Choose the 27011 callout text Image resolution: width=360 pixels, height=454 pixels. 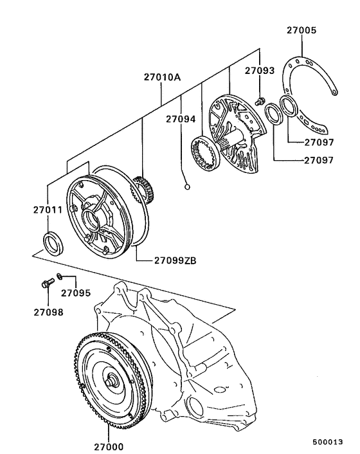(x=49, y=210)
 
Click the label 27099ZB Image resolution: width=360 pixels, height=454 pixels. (x=175, y=260)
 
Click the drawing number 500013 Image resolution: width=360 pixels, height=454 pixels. (x=328, y=442)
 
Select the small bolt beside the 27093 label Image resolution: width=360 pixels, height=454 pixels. (x=258, y=100)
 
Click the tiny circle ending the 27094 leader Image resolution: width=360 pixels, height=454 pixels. (x=187, y=188)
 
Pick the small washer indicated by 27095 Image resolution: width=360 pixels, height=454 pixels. (x=59, y=277)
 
